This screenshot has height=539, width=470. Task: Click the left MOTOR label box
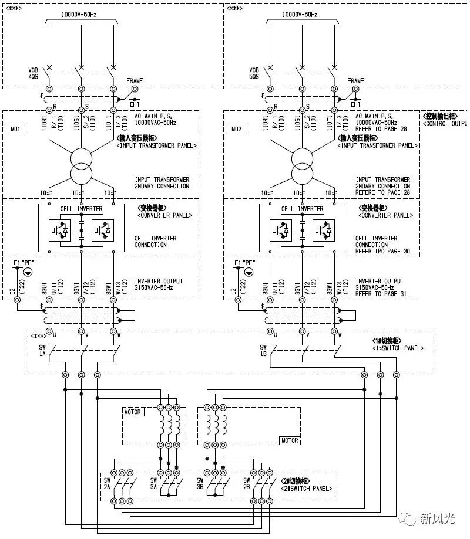pyautogui.click(x=133, y=412)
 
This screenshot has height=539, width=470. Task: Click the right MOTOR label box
pyautogui.click(x=290, y=440)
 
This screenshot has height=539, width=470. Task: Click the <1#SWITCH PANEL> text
pyautogui.click(x=399, y=348)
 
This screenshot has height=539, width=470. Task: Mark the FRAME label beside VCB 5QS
pyautogui.click(x=355, y=81)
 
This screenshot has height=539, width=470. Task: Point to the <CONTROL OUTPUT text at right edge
pyautogui.click(x=445, y=124)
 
